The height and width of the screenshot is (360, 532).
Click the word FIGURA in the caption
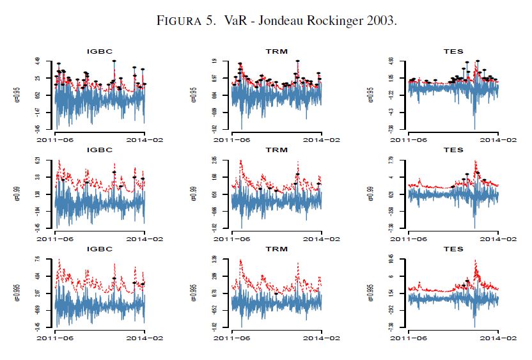tap(182, 21)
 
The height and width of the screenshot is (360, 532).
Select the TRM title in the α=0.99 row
tap(276, 150)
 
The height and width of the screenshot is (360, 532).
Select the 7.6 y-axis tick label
tap(38, 259)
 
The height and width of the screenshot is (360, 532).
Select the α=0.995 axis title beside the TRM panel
tap(193, 292)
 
